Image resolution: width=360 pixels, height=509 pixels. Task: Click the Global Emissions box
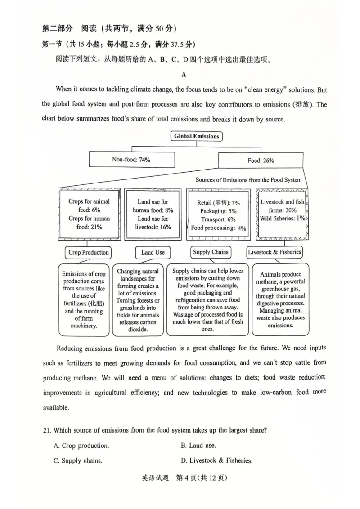click(197, 136)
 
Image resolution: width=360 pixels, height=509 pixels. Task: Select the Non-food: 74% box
click(131, 160)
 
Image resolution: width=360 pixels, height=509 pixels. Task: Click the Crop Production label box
click(88, 252)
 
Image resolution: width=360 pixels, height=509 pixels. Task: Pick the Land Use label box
click(153, 252)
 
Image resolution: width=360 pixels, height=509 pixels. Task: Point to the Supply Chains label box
click(211, 252)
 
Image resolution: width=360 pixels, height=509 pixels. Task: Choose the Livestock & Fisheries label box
click(274, 252)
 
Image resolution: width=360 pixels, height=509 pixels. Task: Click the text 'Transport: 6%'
click(218, 219)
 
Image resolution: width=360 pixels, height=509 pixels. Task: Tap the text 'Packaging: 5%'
click(219, 211)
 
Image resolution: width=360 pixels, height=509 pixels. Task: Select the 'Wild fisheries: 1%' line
click(282, 219)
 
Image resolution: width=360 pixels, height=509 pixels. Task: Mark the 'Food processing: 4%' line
click(218, 228)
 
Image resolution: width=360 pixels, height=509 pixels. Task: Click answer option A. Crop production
click(81, 446)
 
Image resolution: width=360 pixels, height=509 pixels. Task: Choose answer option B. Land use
click(198, 446)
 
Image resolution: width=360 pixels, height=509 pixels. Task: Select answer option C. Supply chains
click(78, 460)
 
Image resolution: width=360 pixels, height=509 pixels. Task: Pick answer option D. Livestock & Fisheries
click(216, 460)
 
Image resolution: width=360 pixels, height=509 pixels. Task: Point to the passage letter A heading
click(184, 75)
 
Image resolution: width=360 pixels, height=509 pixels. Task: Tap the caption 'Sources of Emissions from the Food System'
click(248, 180)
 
